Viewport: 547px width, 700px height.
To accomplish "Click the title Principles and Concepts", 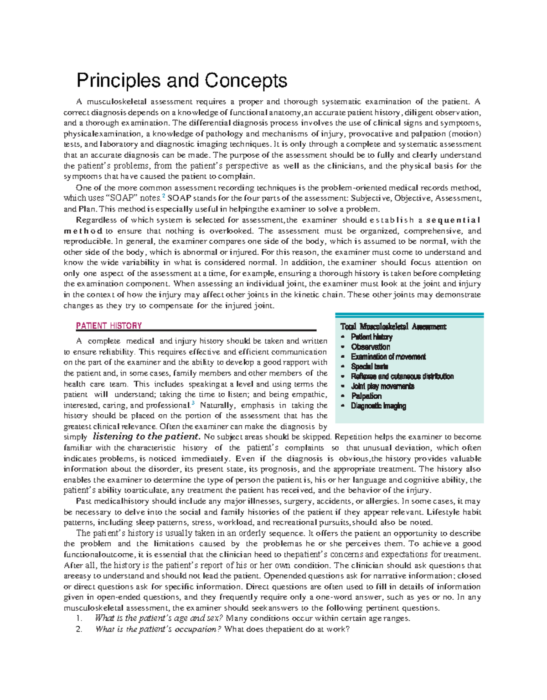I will [x=182, y=81].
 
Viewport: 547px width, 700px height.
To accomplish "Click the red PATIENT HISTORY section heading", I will [x=109, y=326].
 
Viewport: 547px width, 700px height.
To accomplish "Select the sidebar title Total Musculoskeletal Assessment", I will [x=393, y=327].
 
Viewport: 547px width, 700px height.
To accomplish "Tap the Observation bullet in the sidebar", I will [x=370, y=347].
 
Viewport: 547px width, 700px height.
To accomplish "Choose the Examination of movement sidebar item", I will [x=388, y=357].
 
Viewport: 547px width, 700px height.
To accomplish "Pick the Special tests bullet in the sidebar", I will [x=369, y=366].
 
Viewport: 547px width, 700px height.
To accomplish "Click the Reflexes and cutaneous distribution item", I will [x=402, y=376].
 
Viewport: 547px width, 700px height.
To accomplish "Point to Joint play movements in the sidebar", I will [x=382, y=386].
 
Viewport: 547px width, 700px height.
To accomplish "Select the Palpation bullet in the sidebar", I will [x=366, y=396].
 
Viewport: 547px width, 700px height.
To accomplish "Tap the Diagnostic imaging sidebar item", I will [x=378, y=406].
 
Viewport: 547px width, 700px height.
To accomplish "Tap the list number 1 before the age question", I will [x=79, y=618].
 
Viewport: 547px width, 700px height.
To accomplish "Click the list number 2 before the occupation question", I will [x=79, y=629].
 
